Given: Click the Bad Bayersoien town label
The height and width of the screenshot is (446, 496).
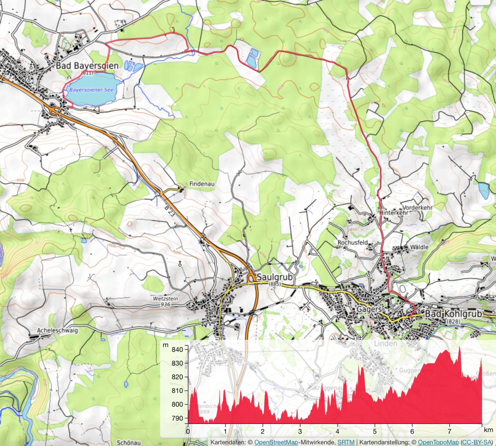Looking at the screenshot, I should pos(87,66).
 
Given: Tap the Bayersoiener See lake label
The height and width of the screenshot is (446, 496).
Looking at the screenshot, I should pos(91,90).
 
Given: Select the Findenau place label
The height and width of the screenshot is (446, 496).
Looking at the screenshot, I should pos(202,184).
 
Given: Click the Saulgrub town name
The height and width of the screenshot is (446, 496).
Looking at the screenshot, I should pos(274,277).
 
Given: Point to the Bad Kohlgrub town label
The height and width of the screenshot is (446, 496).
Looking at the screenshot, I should pos(453,314).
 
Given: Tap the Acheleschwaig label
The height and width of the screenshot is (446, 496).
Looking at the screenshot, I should pos(58,330).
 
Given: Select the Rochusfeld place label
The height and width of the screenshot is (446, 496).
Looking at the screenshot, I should pos(352,242).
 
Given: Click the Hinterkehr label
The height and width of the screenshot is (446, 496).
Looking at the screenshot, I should pos(393,213).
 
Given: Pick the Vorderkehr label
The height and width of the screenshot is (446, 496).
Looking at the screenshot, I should pos(417,207).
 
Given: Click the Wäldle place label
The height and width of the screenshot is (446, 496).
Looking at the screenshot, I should pos(419,247).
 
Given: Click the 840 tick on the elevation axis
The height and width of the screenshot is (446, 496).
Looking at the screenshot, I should pos(177,349).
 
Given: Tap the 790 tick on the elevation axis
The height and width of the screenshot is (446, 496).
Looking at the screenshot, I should pos(177,418).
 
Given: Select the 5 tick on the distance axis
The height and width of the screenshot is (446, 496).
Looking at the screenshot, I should pos(375,431).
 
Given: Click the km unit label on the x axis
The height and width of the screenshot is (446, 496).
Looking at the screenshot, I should pos(488,430).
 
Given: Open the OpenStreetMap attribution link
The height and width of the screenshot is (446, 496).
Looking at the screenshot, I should pos(276,442).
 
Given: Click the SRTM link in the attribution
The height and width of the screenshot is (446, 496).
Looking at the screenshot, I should pos(346,442).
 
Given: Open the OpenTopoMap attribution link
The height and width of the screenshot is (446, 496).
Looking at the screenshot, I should pos(438,442).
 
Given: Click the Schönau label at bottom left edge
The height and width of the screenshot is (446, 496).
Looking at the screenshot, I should pos(129,442).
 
